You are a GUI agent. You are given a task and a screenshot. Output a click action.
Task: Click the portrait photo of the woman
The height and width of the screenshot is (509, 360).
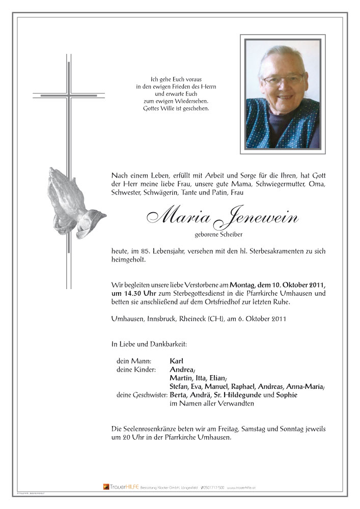[x=282, y=94]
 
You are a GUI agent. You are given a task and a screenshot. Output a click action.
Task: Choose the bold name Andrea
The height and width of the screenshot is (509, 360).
[x=182, y=370]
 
